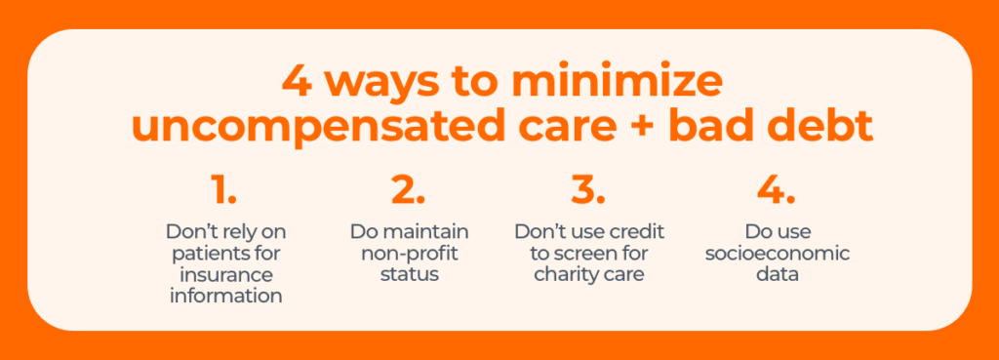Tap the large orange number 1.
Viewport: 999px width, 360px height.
[x=224, y=189]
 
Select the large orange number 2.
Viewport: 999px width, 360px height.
[x=409, y=189]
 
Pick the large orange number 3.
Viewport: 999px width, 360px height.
[x=588, y=189]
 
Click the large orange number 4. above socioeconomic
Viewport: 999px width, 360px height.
[x=777, y=189]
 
